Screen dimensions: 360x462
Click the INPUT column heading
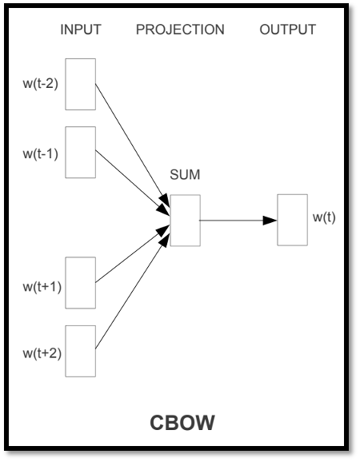[x=81, y=30]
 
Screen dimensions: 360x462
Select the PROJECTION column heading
[x=180, y=30]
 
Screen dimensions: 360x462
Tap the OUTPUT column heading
[x=288, y=30]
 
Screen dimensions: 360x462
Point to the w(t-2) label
[x=40, y=84]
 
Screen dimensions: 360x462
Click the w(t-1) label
[x=40, y=153]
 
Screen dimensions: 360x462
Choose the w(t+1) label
[x=42, y=287]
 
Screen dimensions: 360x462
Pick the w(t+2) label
[x=42, y=353]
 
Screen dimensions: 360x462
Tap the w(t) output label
[x=324, y=217]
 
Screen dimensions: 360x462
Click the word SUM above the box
[x=185, y=175]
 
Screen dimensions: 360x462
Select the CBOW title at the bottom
[x=182, y=423]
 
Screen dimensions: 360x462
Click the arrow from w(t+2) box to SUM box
[x=133, y=291]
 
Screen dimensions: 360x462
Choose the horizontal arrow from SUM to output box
[x=238, y=220]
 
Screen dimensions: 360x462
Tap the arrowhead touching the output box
[x=270, y=221]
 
